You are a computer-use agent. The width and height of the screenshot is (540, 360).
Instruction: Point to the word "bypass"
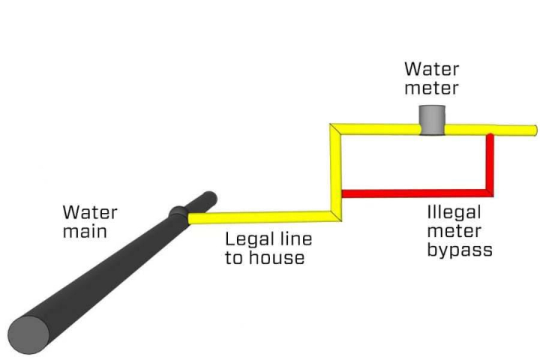pos(460,250)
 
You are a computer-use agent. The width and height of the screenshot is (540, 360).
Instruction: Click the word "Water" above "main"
pos(89,212)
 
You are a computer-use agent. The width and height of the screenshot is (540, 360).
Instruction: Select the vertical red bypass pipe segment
pos(490,161)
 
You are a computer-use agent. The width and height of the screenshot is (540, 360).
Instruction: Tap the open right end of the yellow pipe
pos(533,130)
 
